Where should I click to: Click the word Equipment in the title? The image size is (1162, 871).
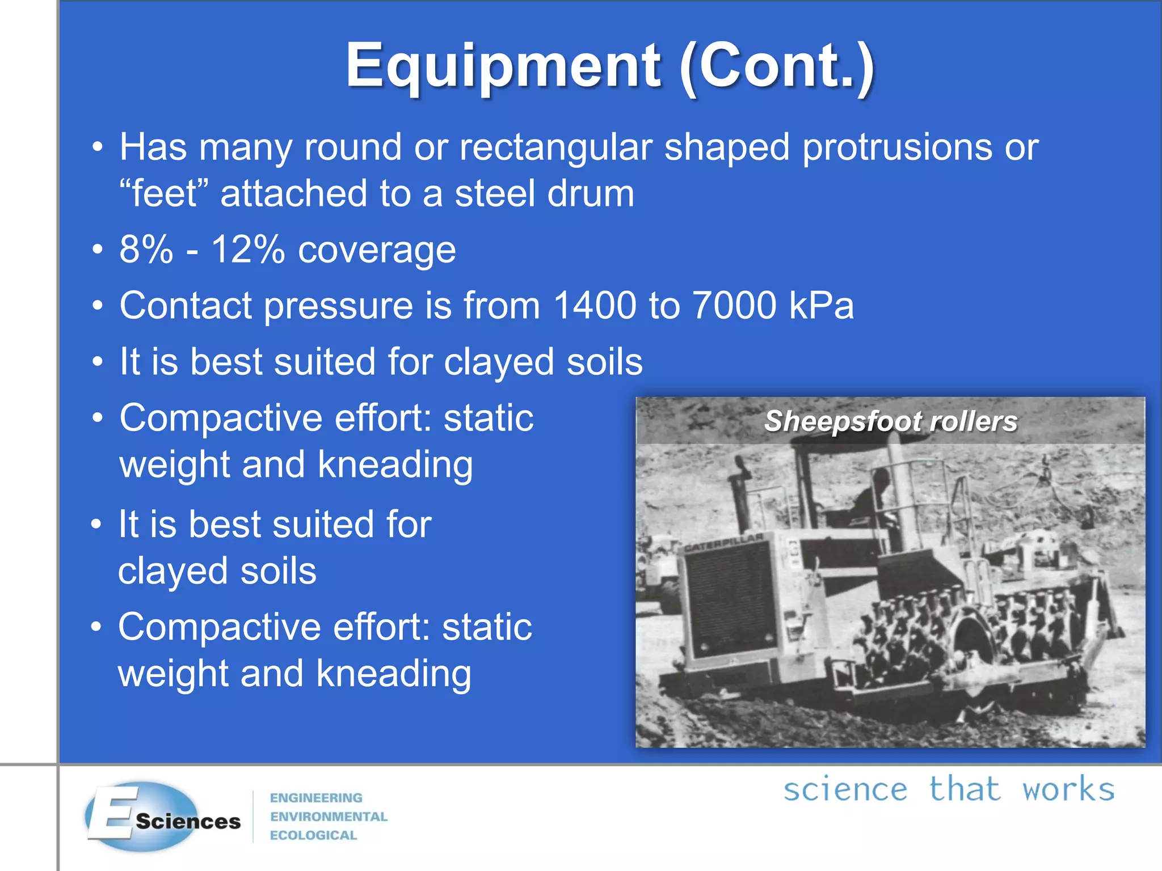(503, 67)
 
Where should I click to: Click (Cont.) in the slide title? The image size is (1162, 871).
(777, 67)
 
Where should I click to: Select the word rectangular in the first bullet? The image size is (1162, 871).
(555, 147)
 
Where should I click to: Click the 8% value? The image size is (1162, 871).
(146, 250)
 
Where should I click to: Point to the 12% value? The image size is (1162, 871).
(247, 250)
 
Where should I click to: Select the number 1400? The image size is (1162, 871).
(595, 306)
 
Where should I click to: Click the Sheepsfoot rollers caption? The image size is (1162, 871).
(890, 421)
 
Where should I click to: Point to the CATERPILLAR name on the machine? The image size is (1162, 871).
(723, 542)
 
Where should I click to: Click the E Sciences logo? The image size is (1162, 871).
(162, 817)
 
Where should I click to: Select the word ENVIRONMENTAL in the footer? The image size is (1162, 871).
(329, 817)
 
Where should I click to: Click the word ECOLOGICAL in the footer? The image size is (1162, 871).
(313, 835)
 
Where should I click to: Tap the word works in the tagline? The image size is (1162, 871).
(1068, 789)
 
